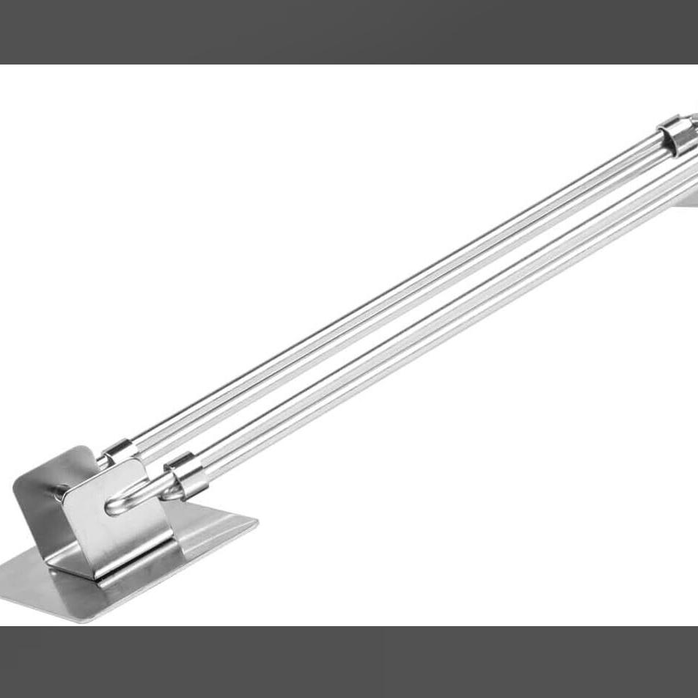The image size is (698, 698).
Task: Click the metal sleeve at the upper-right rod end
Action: pos(676,136)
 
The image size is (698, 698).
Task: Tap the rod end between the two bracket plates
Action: pos(62,490)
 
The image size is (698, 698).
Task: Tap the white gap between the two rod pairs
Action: pos(411,308)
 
